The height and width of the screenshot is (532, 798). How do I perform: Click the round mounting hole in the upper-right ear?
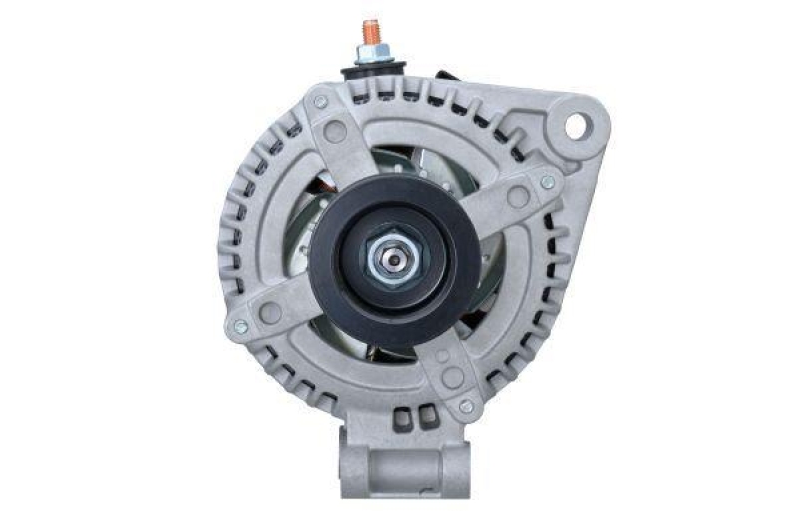click(575, 126)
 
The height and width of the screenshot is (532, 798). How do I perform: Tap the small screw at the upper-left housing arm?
click(321, 102)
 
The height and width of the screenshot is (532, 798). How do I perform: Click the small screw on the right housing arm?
click(546, 182)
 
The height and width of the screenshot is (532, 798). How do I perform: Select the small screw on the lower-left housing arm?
click(240, 327)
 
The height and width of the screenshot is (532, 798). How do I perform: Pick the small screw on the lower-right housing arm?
click(465, 406)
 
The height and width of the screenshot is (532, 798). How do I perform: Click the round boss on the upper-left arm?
click(336, 131)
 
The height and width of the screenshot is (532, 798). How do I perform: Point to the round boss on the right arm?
click(518, 197)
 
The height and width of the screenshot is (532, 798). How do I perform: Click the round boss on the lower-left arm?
click(270, 312)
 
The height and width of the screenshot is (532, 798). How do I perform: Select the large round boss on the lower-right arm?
click(452, 377)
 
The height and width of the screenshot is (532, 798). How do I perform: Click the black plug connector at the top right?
click(446, 76)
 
